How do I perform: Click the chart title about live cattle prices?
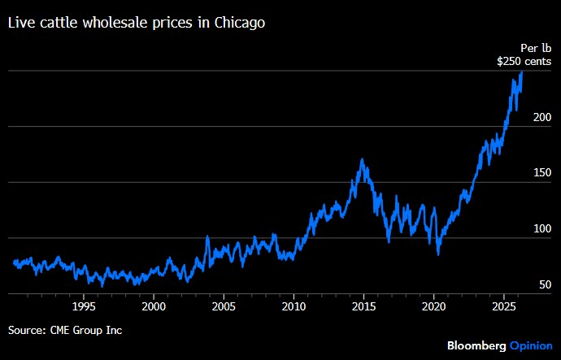click(x=137, y=24)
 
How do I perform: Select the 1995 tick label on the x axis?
click(x=84, y=307)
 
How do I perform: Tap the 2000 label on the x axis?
click(x=154, y=307)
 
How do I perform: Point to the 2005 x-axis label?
click(x=224, y=307)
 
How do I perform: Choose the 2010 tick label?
click(x=294, y=307)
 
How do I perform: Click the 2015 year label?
click(x=364, y=307)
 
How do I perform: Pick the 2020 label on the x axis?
click(x=434, y=307)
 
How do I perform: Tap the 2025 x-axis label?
click(x=504, y=307)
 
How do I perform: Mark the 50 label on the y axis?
click(x=546, y=284)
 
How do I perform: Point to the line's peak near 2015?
click(x=361, y=160)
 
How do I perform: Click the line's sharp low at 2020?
click(x=438, y=254)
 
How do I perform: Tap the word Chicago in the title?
click(x=239, y=24)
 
